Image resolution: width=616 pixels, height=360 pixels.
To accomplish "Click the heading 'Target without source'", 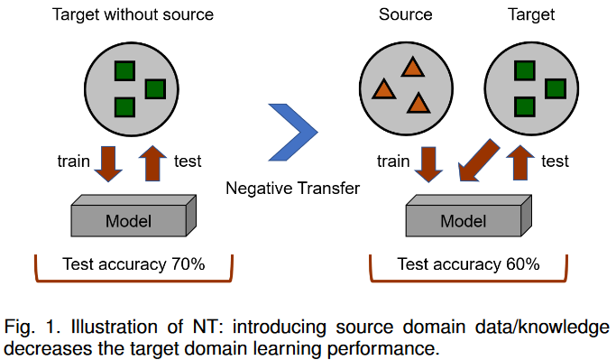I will [133, 15].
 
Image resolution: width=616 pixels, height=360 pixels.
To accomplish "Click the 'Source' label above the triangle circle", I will [405, 15].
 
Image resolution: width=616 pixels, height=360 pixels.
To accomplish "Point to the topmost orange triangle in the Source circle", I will [412, 67].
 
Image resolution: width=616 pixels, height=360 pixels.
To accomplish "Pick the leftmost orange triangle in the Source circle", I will [383, 89].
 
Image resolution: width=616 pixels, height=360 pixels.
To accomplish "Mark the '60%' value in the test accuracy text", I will [522, 264].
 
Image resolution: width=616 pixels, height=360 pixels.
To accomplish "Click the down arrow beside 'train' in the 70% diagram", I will [109, 162].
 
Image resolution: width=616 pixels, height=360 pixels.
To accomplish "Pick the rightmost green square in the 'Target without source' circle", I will [155, 88].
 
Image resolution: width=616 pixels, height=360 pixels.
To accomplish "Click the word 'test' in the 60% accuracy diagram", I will [556, 162].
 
